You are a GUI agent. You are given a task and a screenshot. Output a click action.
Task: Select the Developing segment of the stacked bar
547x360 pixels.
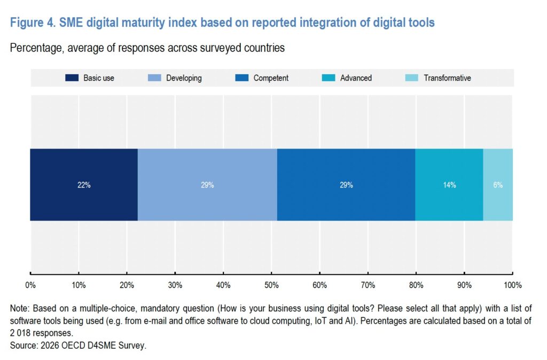(207, 200)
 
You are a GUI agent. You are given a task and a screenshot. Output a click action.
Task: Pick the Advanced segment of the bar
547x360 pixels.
(449, 200)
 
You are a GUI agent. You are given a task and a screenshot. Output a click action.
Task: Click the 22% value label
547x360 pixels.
(83, 185)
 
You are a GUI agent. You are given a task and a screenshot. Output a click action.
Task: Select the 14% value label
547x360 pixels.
(449, 185)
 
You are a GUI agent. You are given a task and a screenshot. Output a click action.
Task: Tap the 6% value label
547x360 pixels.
(498, 185)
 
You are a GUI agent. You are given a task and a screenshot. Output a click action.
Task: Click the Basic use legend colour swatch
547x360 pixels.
(72, 78)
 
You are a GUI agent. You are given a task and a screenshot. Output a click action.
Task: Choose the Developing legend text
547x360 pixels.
(184, 78)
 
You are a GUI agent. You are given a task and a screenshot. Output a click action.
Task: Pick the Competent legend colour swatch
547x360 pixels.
(242, 78)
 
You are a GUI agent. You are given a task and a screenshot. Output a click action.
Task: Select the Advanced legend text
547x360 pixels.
(356, 78)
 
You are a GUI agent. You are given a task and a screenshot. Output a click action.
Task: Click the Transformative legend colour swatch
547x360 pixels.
(412, 78)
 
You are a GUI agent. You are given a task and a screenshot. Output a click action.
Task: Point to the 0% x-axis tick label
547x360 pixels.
(30, 286)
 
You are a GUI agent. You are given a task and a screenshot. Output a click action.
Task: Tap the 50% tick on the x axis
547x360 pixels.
(271, 286)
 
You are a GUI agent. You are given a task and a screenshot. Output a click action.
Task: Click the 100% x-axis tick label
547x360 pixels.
(512, 286)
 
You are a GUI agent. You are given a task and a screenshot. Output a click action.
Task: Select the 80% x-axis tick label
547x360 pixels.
(416, 286)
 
